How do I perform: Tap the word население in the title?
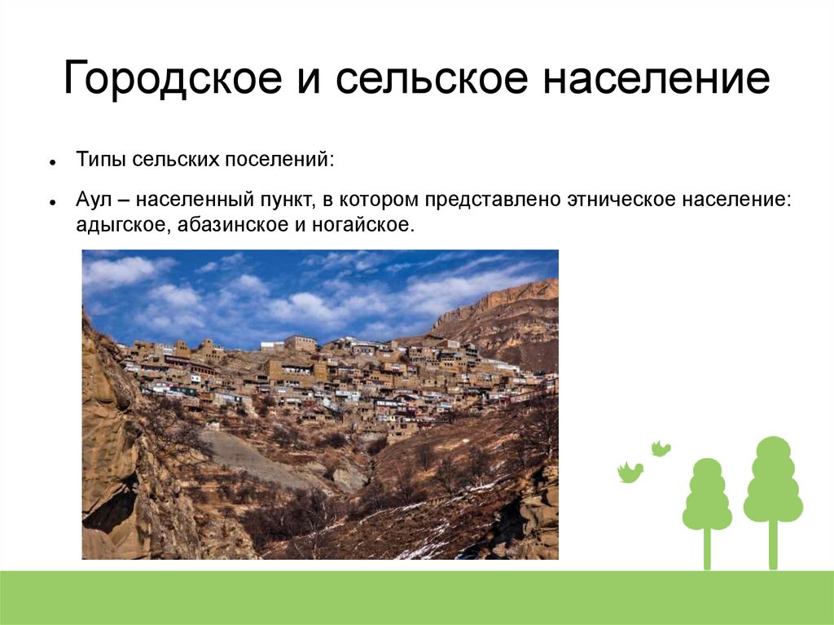click(x=656, y=78)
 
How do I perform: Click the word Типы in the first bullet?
click(x=100, y=160)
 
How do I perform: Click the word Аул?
click(x=94, y=200)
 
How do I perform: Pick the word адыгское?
click(x=124, y=225)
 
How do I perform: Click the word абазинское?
click(x=232, y=225)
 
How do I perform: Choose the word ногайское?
click(x=362, y=225)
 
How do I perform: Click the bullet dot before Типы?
click(x=52, y=162)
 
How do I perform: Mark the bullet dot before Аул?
click(x=52, y=202)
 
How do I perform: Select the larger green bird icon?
click(x=630, y=472)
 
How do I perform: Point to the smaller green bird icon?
click(x=661, y=449)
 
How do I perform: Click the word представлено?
click(x=493, y=200)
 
